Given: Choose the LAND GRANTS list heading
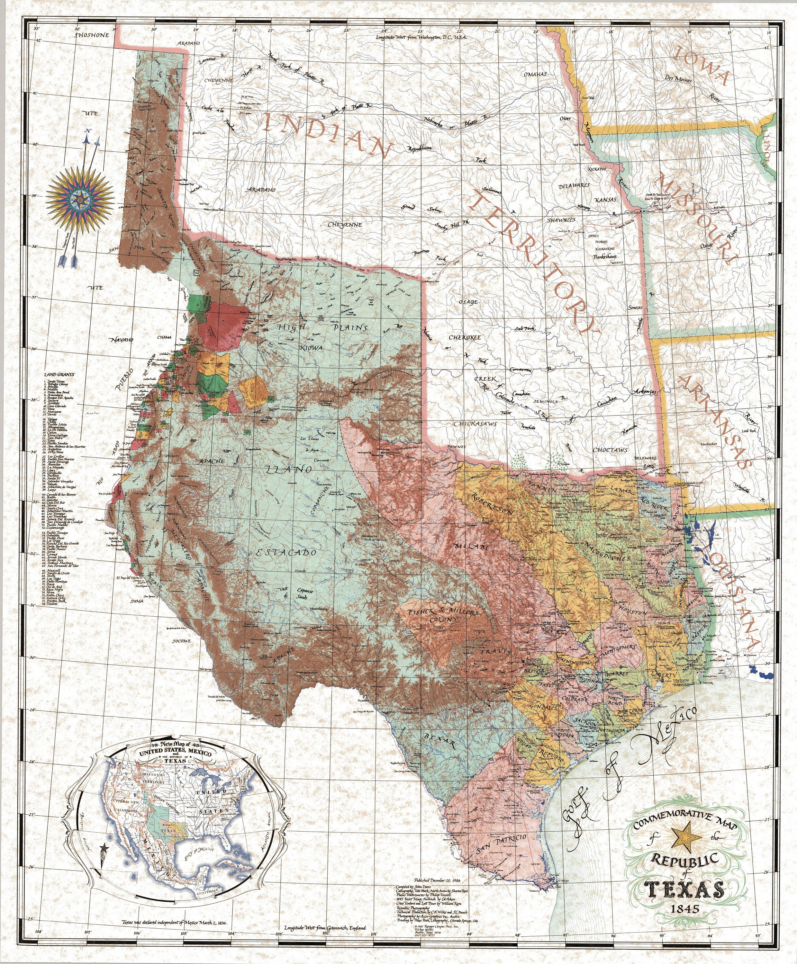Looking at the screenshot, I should (x=59, y=374).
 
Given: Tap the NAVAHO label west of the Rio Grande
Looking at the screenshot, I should (x=121, y=340).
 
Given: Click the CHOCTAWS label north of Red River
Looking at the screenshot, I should (x=610, y=451).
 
